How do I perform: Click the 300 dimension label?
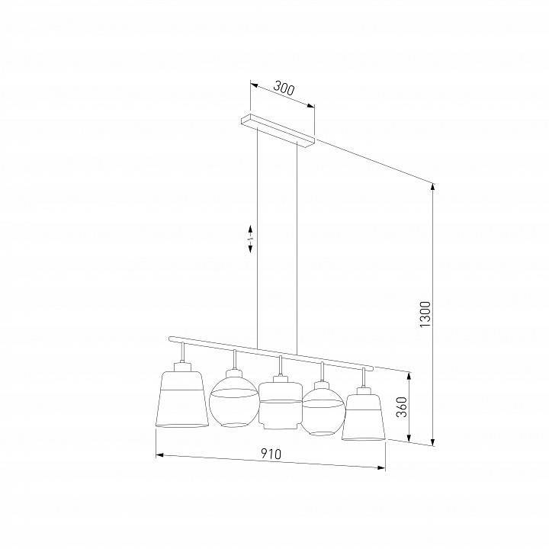283,89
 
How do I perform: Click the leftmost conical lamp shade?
184,399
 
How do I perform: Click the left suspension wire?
258,236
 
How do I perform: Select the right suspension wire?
297,252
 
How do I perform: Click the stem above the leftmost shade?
183,353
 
